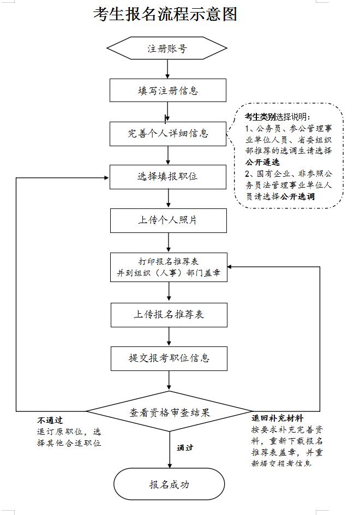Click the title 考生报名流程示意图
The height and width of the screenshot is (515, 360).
[165, 14]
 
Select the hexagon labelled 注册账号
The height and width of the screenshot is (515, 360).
[167, 49]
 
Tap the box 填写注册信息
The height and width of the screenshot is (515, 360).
[167, 90]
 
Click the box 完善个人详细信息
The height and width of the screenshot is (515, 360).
[167, 133]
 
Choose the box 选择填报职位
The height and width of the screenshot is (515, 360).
[167, 177]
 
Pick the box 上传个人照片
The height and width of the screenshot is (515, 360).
[167, 220]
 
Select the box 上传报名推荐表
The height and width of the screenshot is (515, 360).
[169, 315]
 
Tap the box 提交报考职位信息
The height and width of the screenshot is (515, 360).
[169, 358]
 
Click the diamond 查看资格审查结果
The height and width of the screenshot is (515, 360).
[169, 412]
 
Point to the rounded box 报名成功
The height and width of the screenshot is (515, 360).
[169, 484]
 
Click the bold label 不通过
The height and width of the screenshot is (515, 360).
[50, 421]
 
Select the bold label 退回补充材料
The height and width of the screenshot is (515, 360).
[277, 418]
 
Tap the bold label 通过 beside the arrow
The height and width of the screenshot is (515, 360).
[185, 448]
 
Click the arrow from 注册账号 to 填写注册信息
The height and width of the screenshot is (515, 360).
[167, 70]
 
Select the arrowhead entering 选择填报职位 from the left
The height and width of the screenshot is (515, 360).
[105, 177]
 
